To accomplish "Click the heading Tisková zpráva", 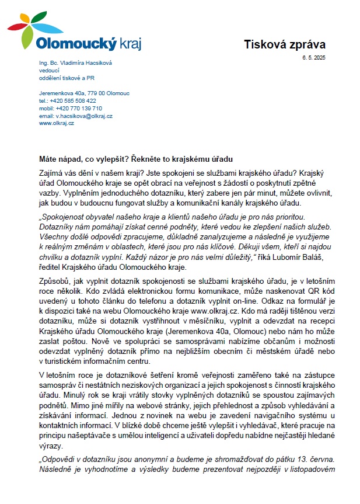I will pyautogui.click(x=284, y=44).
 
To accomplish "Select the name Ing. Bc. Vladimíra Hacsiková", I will pyautogui.click(x=75, y=63).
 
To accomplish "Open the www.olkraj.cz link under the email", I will pyautogui.click(x=57, y=123).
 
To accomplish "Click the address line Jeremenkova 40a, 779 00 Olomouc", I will pyautogui.click(x=84, y=93).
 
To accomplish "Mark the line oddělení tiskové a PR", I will pyautogui.click(x=67, y=78).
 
